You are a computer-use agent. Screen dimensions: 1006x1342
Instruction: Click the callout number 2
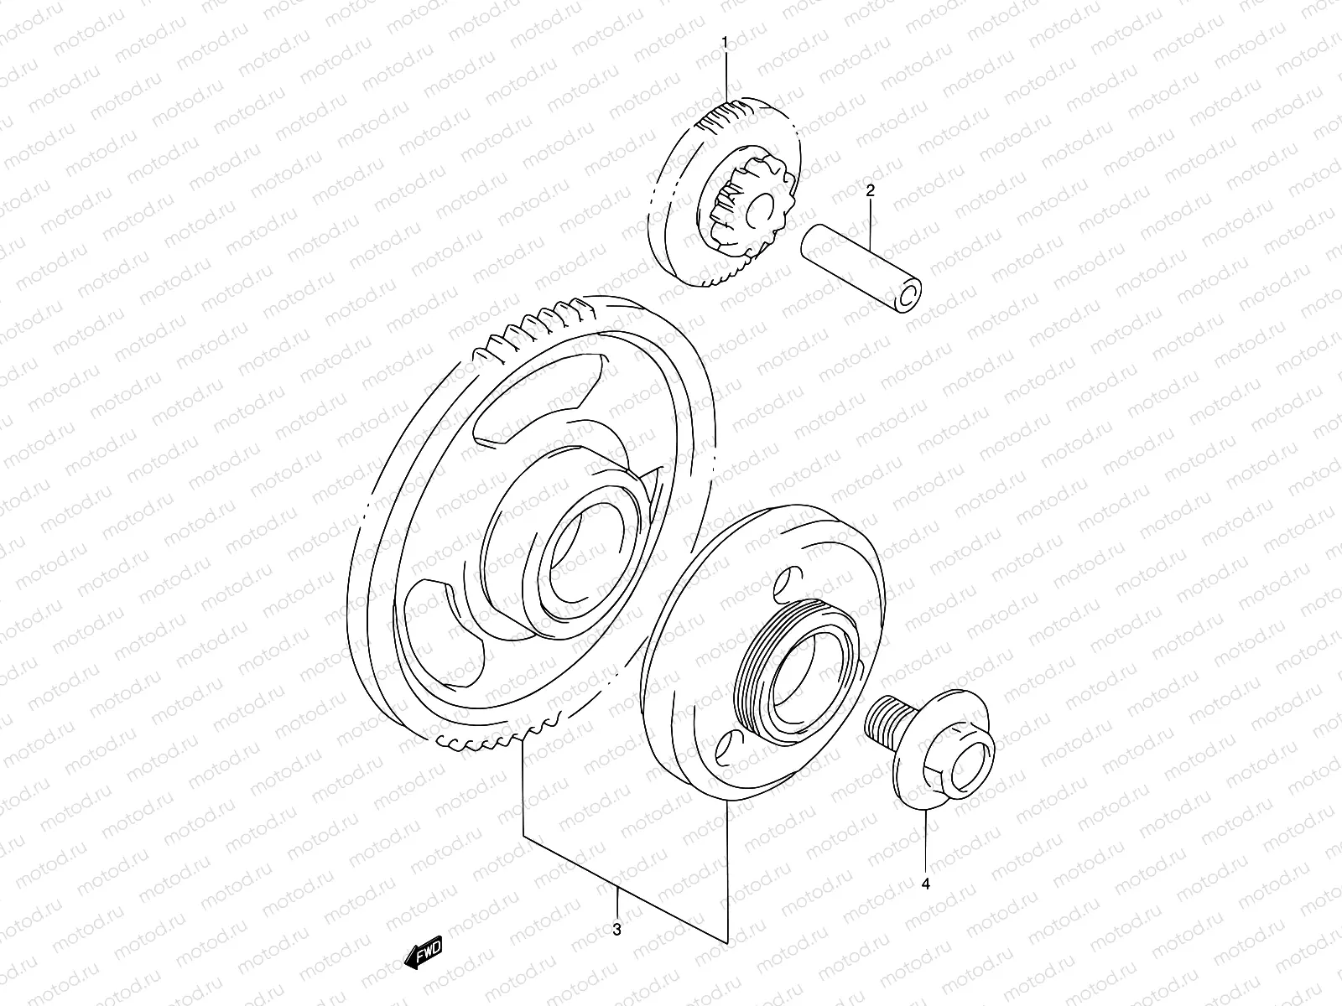[870, 191]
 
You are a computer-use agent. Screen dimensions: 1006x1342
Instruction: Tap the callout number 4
[926, 884]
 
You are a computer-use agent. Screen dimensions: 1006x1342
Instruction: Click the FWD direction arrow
[423, 954]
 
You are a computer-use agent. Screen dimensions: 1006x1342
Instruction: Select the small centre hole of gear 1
[765, 206]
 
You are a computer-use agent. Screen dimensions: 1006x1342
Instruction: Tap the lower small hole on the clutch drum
[727, 744]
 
